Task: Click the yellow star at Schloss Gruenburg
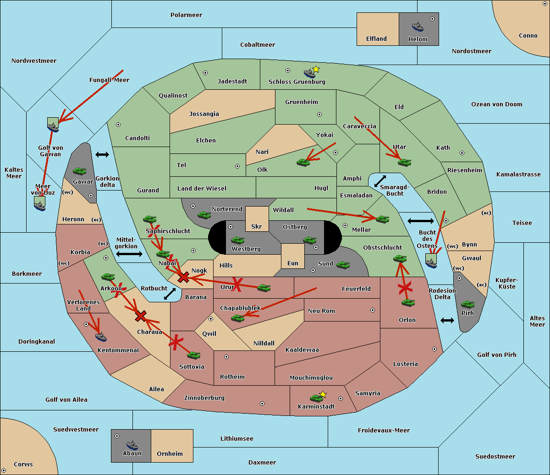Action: coord(316,69)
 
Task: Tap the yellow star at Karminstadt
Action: coord(323,394)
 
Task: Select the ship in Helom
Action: coord(418,27)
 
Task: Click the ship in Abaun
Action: coord(132,445)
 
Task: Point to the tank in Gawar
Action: coord(80,171)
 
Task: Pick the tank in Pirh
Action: coord(467,305)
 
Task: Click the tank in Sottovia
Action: coord(194,355)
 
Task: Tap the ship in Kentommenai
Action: coord(101,337)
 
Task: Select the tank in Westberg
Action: coord(237,240)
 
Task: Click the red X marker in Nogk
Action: coord(183,277)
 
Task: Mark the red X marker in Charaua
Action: coord(141,316)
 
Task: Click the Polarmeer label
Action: coord(186,15)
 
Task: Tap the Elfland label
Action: coord(376,39)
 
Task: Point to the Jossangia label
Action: coord(204,114)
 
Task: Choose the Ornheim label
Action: coord(170,454)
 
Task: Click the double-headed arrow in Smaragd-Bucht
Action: coord(380,181)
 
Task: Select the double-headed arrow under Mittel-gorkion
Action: coord(129,254)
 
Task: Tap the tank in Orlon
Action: coord(408,303)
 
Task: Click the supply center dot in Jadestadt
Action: coord(205,73)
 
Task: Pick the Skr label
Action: coord(256,227)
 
